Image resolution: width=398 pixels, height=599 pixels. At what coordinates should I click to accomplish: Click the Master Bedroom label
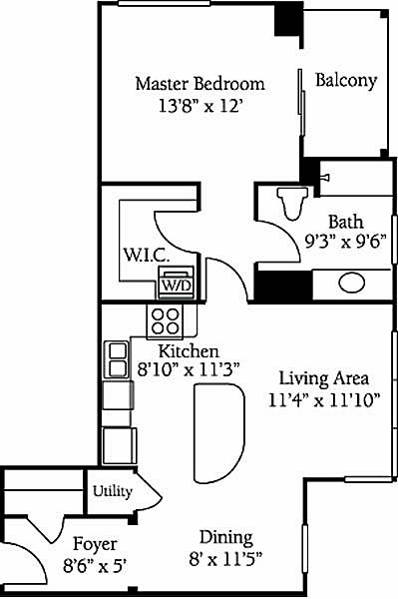click(199, 83)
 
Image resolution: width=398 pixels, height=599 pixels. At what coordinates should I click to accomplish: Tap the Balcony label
click(346, 81)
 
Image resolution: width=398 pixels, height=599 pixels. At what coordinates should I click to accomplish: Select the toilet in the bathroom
click(292, 204)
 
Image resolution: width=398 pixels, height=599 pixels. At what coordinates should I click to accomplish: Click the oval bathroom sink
click(351, 283)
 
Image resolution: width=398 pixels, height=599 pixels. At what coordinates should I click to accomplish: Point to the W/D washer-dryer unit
click(176, 283)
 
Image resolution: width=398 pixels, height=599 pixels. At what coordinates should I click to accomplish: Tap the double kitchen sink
click(116, 359)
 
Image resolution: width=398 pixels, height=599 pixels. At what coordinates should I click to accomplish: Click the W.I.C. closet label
click(147, 255)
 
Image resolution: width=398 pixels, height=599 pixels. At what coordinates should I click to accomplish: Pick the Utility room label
click(113, 491)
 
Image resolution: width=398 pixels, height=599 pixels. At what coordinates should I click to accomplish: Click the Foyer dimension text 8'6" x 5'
click(95, 565)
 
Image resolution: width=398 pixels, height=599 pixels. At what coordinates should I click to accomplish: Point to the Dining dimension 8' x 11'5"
click(225, 559)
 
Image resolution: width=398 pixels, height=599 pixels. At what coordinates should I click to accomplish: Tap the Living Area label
click(324, 378)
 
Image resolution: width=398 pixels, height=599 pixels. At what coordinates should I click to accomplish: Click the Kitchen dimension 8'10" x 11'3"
click(189, 369)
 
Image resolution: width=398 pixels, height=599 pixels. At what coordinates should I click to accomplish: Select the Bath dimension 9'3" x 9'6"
click(346, 241)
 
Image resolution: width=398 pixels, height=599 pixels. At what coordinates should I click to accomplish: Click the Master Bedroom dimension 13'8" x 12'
click(200, 106)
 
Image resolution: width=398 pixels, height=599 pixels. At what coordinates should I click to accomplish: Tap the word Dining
click(226, 538)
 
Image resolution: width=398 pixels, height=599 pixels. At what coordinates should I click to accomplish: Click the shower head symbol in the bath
click(324, 178)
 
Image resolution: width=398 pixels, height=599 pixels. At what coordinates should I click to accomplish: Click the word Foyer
click(95, 544)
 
